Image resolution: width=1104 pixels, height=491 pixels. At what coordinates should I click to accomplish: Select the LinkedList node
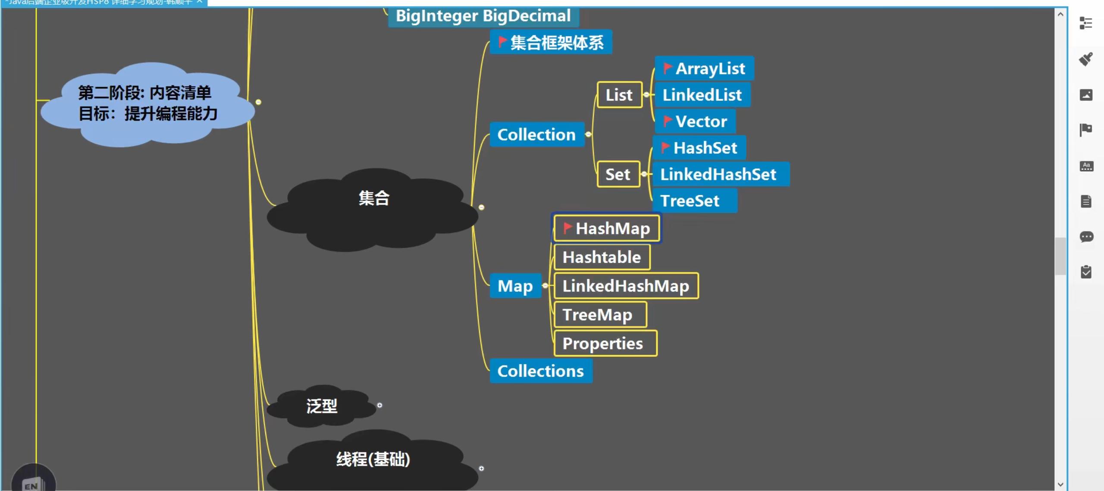click(702, 95)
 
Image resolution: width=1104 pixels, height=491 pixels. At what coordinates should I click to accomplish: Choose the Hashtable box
click(602, 257)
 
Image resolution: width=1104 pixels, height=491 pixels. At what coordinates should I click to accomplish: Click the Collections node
click(540, 371)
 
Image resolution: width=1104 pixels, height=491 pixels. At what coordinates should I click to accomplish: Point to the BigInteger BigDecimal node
click(483, 16)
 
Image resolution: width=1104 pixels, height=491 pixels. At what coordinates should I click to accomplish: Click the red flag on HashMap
click(567, 227)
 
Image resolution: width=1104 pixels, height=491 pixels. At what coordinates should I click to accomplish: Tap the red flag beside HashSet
click(665, 147)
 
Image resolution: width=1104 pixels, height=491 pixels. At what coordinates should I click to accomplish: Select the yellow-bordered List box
click(619, 95)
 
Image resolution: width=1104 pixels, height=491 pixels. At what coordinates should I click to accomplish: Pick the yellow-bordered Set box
click(618, 174)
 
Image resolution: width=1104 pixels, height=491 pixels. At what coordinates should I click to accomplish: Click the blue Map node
click(515, 286)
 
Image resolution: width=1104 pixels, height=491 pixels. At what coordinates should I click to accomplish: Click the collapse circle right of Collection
click(588, 135)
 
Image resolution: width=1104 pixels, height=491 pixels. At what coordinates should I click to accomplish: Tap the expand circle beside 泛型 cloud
click(379, 405)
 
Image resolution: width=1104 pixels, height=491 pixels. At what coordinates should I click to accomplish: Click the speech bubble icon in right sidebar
click(1086, 236)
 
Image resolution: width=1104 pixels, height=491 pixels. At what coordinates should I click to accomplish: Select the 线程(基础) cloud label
click(373, 459)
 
